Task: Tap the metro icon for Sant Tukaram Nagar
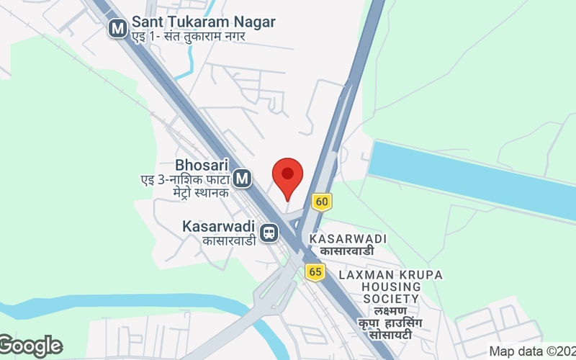[117, 28]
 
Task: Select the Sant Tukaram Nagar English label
[203, 22]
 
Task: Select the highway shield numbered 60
[321, 202]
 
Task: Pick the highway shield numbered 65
[315, 271]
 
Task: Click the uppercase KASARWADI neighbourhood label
[348, 238]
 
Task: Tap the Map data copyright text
[531, 351]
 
